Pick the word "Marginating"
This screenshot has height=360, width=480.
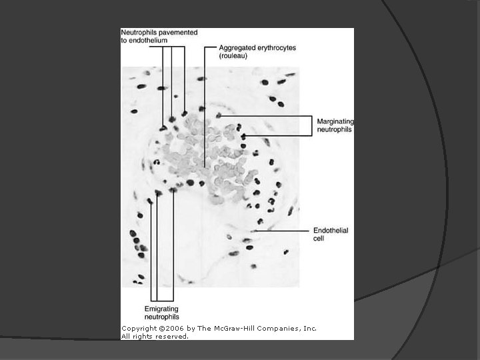(x=335, y=121)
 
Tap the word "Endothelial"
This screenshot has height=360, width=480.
(x=331, y=231)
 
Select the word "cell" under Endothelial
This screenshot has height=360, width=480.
(x=319, y=239)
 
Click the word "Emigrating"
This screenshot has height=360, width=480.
(x=162, y=308)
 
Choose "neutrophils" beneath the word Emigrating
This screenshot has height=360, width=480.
(x=162, y=316)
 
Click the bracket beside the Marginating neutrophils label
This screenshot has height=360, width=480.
(x=311, y=125)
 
